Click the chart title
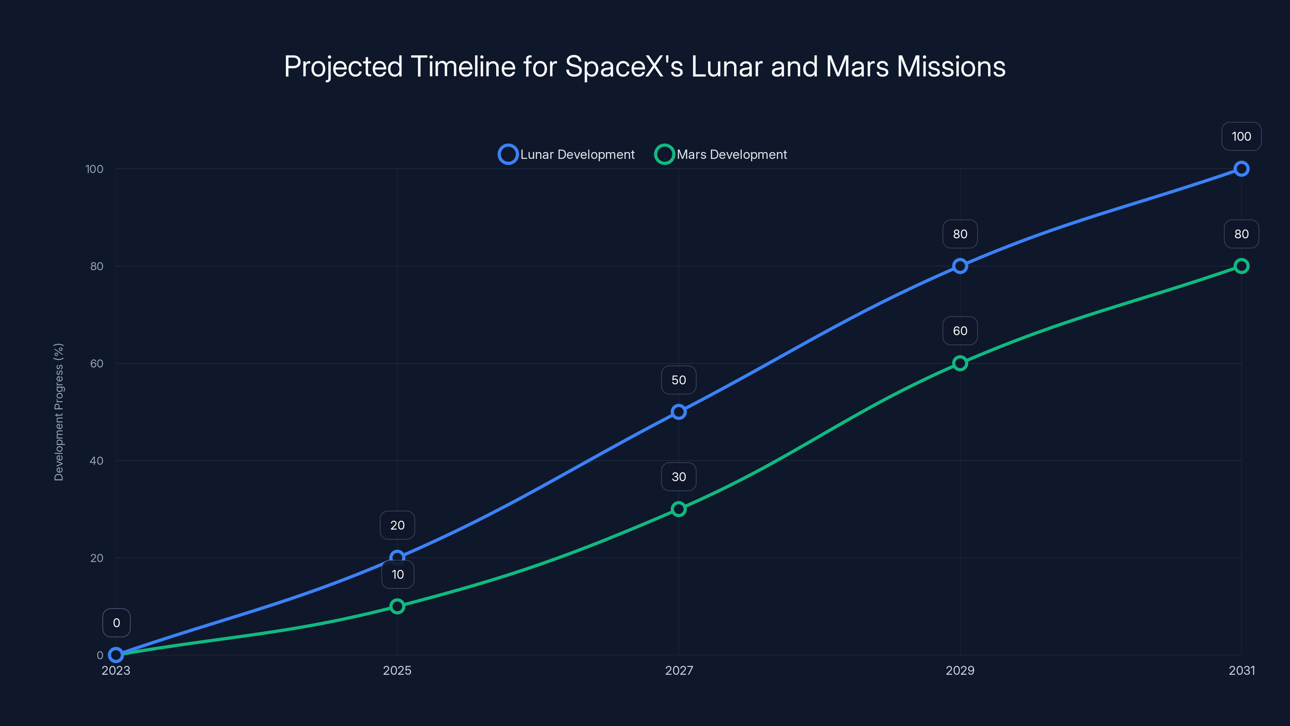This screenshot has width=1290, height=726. click(x=645, y=67)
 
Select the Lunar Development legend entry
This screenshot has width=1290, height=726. click(x=566, y=154)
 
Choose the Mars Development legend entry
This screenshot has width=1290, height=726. click(x=721, y=154)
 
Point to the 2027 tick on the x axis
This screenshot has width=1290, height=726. click(x=678, y=670)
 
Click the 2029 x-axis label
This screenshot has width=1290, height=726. click(x=959, y=670)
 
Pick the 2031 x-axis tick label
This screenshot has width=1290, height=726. click(x=1242, y=670)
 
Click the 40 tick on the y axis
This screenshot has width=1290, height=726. click(x=97, y=461)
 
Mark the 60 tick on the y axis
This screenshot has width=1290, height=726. click(x=97, y=363)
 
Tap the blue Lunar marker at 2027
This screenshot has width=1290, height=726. click(x=678, y=412)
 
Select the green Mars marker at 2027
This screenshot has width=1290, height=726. click(x=678, y=509)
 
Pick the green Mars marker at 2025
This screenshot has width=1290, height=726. click(x=397, y=606)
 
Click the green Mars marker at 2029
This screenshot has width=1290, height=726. click(x=959, y=363)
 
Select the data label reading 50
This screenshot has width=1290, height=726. click(x=678, y=380)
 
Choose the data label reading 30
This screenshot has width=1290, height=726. click(x=678, y=476)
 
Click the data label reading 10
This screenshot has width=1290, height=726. click(x=397, y=574)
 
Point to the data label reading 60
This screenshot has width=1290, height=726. click(x=959, y=331)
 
